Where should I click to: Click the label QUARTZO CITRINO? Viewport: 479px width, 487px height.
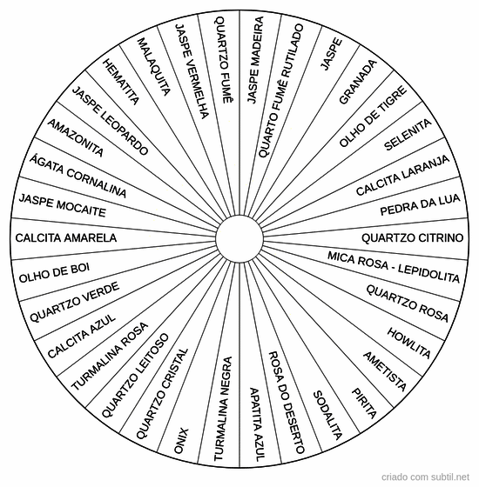click(413, 238)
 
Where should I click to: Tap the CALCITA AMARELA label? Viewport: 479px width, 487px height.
click(66, 238)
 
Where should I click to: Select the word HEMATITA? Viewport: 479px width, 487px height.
click(121, 82)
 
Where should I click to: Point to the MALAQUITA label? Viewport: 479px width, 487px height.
click(154, 67)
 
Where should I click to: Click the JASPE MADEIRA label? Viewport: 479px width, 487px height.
click(255, 60)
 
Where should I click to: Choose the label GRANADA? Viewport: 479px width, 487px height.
click(358, 82)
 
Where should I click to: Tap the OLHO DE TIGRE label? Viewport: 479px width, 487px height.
click(373, 116)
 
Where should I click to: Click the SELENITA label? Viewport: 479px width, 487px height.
click(408, 135)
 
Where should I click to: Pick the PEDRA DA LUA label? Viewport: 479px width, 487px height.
click(420, 204)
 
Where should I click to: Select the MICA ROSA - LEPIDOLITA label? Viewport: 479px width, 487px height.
click(394, 267)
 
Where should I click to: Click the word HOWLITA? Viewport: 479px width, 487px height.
click(409, 343)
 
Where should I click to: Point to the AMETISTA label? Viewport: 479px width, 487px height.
click(385, 371)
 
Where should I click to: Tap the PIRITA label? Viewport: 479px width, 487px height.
click(364, 403)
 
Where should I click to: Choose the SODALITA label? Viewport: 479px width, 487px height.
click(327, 416)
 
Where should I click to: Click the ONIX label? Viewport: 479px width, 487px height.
click(181, 441)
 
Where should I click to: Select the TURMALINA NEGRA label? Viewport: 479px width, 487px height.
click(223, 409)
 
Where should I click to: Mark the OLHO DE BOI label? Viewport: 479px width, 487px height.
click(54, 273)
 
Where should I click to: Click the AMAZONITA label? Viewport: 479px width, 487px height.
click(75, 137)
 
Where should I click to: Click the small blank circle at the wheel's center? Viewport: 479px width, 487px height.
click(239, 238)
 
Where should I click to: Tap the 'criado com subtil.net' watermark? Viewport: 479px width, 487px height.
click(425, 477)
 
